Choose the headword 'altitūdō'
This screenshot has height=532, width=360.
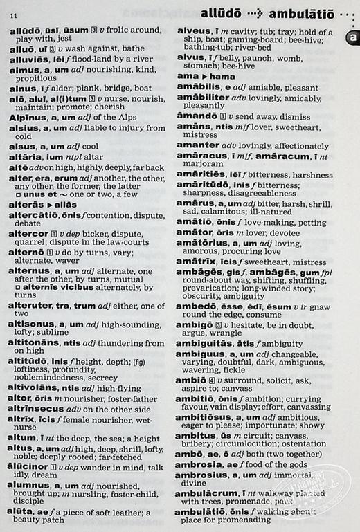30,361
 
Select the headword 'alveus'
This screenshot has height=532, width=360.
193,31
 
